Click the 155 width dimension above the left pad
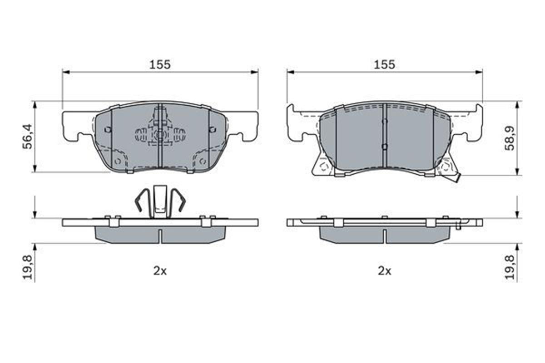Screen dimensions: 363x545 point(160,64)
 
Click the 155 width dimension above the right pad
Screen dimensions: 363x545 point(384,64)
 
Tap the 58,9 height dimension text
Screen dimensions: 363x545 point(511,137)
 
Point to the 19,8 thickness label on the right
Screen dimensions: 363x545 point(511,267)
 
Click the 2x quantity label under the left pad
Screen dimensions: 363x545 point(160,271)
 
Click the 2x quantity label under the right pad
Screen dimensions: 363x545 point(384,271)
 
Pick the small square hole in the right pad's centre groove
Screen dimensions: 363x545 point(384,146)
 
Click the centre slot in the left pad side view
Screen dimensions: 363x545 point(160,235)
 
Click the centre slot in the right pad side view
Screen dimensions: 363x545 point(384,235)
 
